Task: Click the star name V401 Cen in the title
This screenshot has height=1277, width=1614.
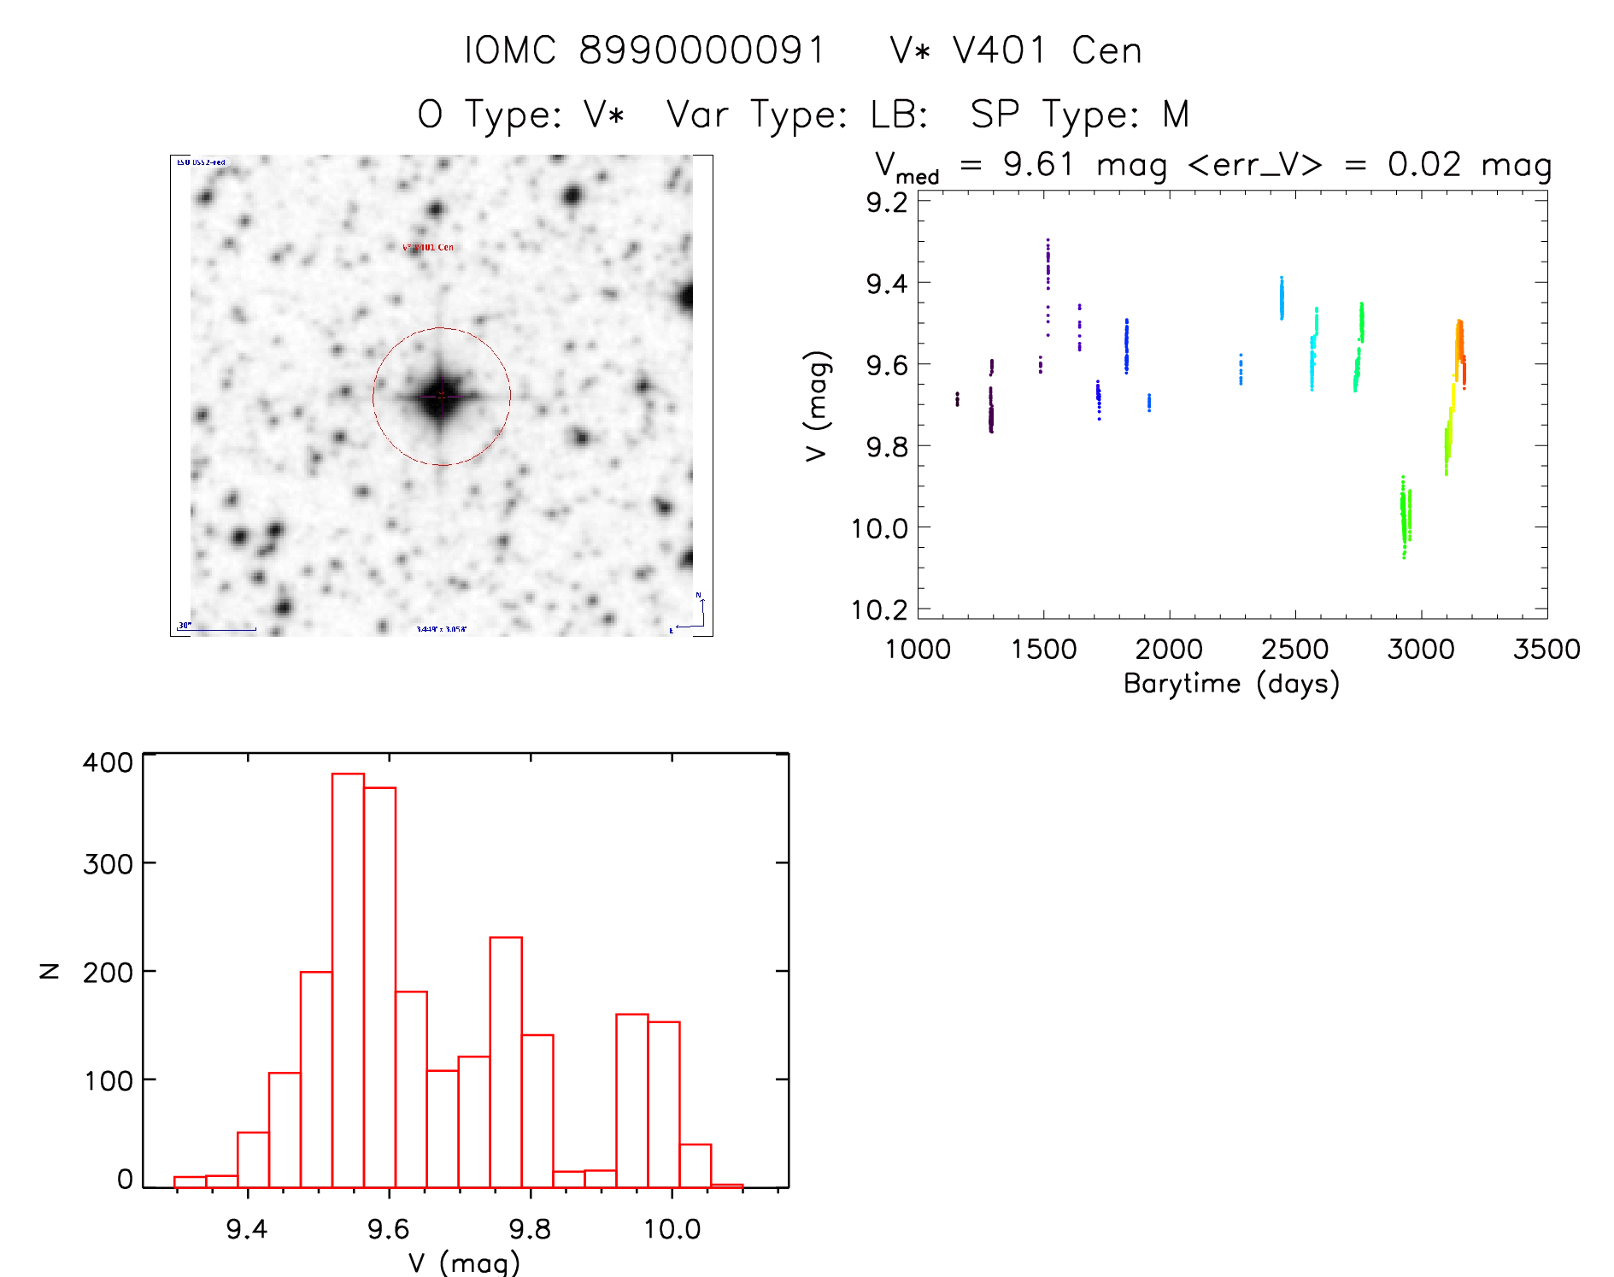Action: pyautogui.click(x=1047, y=50)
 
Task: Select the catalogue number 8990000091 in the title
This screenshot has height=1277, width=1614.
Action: pyautogui.click(x=702, y=50)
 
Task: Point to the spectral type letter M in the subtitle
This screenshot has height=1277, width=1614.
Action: pyautogui.click(x=1176, y=115)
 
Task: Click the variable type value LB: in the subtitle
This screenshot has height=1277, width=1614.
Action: pyautogui.click(x=899, y=115)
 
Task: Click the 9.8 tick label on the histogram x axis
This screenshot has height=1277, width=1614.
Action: pyautogui.click(x=530, y=1228)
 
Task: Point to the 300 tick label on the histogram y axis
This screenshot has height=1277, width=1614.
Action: pyautogui.click(x=109, y=863)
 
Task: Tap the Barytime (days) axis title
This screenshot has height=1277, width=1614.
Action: pyautogui.click(x=1231, y=684)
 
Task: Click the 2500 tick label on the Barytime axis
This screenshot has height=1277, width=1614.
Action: pyautogui.click(x=1294, y=649)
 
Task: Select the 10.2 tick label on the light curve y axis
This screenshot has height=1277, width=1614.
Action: pyautogui.click(x=879, y=609)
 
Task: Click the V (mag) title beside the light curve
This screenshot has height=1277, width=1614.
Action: pyautogui.click(x=817, y=406)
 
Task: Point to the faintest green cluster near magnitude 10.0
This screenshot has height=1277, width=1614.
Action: pyautogui.click(x=1405, y=517)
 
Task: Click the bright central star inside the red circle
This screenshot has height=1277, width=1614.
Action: pyautogui.click(x=441, y=396)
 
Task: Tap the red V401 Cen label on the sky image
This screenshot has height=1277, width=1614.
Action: pyautogui.click(x=428, y=247)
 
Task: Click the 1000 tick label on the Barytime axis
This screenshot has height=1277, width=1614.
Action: pyautogui.click(x=918, y=649)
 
